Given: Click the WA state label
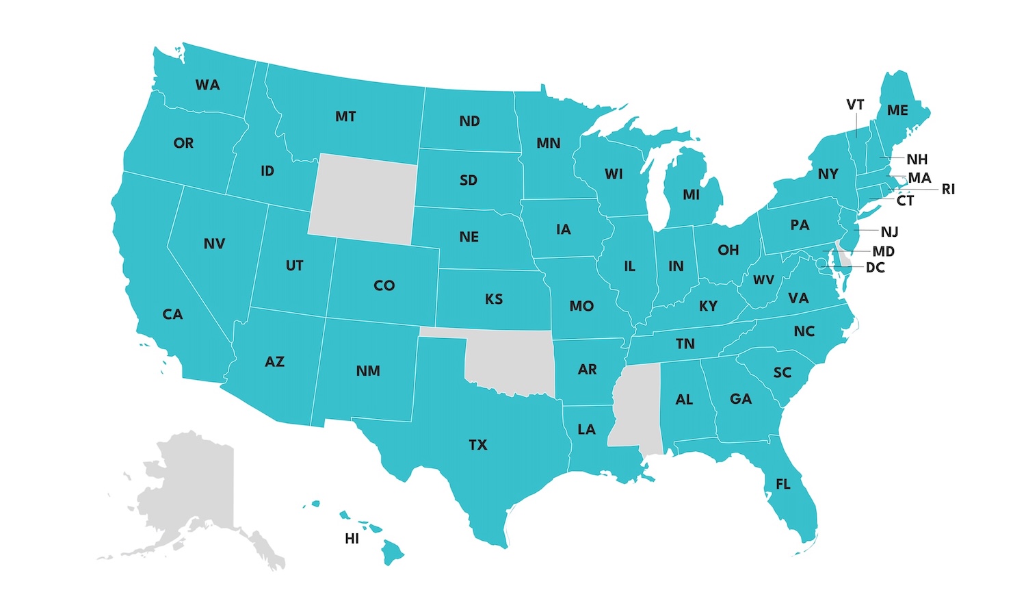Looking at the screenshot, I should pyautogui.click(x=207, y=85).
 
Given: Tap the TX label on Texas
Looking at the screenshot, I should pyautogui.click(x=477, y=445).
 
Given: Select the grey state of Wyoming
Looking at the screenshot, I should pyautogui.click(x=363, y=199).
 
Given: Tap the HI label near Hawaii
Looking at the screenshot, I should pyautogui.click(x=352, y=539).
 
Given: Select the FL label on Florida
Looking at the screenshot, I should pyautogui.click(x=782, y=485).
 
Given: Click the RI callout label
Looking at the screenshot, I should pyautogui.click(x=947, y=189).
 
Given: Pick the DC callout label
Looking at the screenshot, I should pyautogui.click(x=875, y=268).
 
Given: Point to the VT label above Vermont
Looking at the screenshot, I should pyautogui.click(x=855, y=105).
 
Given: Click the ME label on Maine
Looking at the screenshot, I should pyautogui.click(x=897, y=110).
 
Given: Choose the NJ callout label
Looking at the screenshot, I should pyautogui.click(x=889, y=232).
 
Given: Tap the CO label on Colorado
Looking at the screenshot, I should pyautogui.click(x=384, y=285).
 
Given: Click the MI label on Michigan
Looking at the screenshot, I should pyautogui.click(x=691, y=195).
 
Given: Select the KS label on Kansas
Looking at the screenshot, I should pyautogui.click(x=493, y=299).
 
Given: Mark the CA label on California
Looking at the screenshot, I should pyautogui.click(x=172, y=314).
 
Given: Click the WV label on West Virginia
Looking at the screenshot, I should pyautogui.click(x=763, y=280).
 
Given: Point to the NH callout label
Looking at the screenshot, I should pyautogui.click(x=917, y=159).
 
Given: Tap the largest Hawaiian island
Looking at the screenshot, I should pyautogui.click(x=393, y=550).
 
